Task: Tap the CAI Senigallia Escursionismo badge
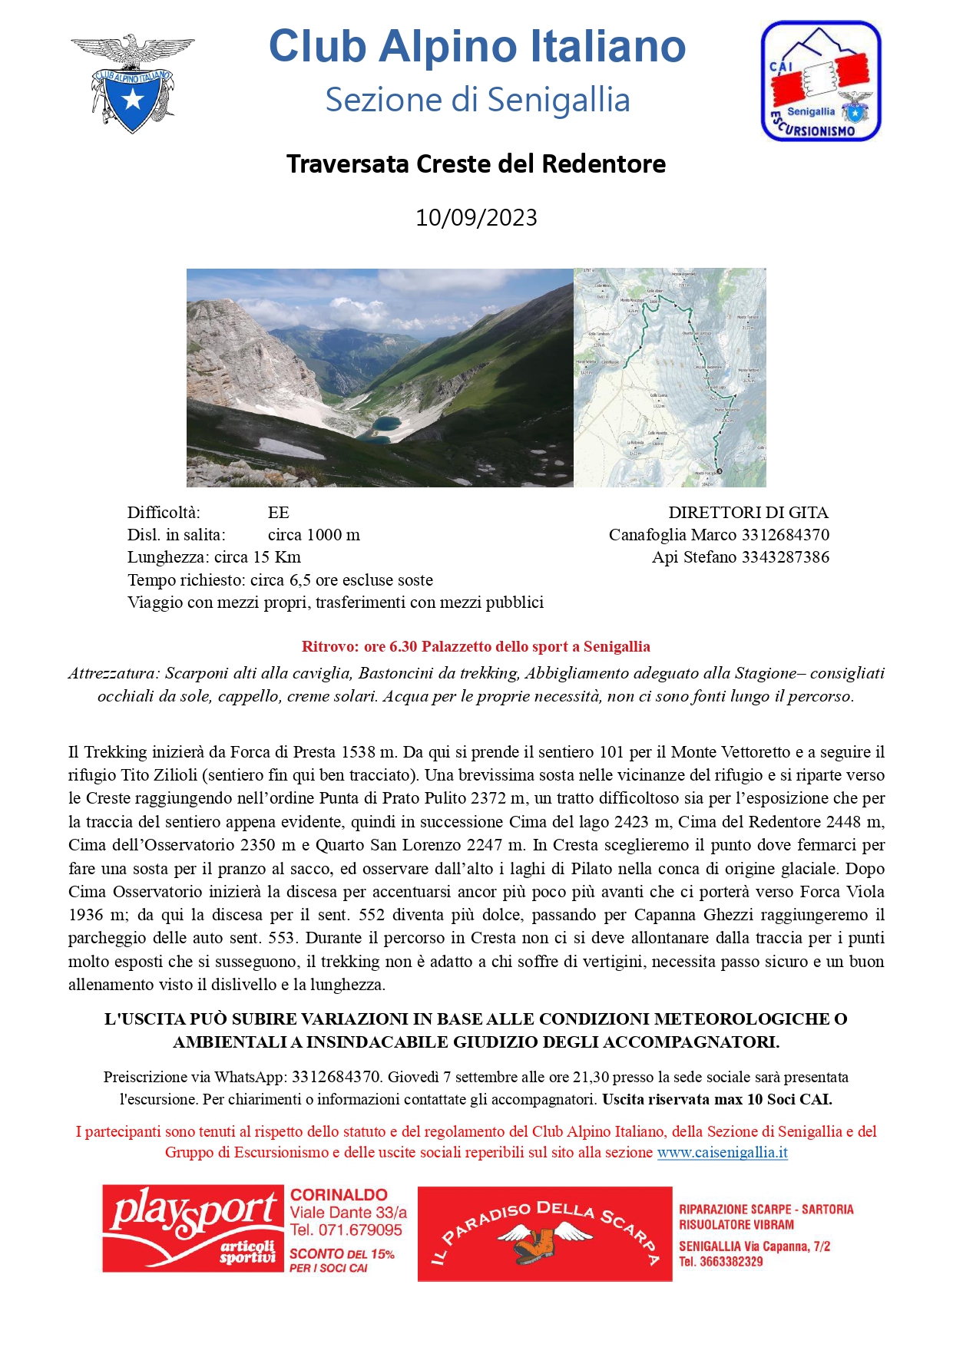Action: coord(820,81)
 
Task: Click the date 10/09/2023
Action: coord(476,218)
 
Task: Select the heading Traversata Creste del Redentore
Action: coord(476,164)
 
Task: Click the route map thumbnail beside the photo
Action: coord(670,378)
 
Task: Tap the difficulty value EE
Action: coord(278,513)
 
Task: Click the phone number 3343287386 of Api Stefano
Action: coord(785,557)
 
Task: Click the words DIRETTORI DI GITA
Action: coord(748,513)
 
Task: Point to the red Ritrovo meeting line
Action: coord(476,647)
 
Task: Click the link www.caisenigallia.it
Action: coord(722,1153)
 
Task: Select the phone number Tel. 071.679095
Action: coord(346,1230)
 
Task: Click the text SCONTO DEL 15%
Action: coord(342,1254)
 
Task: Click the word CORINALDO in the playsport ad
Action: coord(339,1195)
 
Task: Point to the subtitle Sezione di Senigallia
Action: coord(477,101)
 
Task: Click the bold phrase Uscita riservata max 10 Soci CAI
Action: coord(716,1099)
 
